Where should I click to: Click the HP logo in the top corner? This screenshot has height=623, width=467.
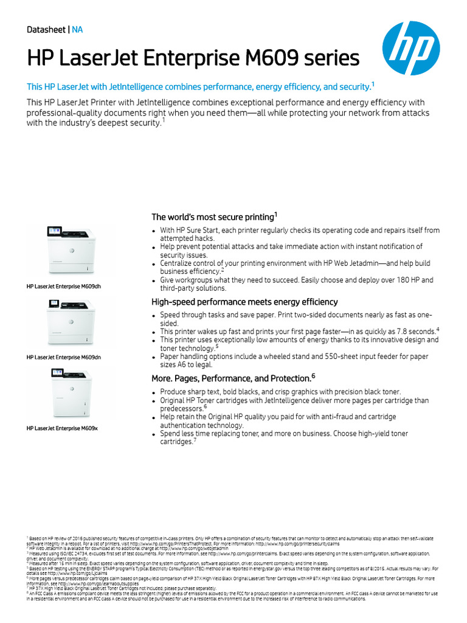click(x=415, y=45)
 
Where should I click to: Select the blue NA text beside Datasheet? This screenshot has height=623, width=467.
click(x=77, y=30)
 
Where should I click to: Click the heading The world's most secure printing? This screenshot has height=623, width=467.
click(x=214, y=217)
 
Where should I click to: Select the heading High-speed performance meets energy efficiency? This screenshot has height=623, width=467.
click(x=244, y=302)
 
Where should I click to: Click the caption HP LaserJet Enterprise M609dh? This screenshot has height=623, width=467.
click(x=63, y=285)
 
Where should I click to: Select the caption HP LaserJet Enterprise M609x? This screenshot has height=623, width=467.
click(x=62, y=428)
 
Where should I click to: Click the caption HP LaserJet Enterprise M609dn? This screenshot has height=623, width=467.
click(x=63, y=357)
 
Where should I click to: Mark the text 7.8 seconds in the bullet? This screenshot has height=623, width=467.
click(x=412, y=332)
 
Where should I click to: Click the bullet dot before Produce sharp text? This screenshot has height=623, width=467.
click(x=154, y=393)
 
